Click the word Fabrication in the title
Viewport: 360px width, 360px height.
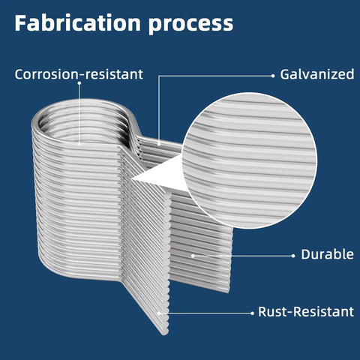(x=77, y=23)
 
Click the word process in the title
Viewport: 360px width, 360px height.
(x=190, y=25)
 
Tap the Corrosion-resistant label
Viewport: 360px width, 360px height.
(x=79, y=74)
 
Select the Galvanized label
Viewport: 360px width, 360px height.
(x=316, y=74)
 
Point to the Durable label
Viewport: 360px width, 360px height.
(x=327, y=254)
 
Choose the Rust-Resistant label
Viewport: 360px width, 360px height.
(x=306, y=311)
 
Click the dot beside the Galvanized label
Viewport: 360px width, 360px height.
(x=273, y=76)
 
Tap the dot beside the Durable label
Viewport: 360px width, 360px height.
(x=293, y=256)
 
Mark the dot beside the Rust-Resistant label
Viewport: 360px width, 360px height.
(x=252, y=313)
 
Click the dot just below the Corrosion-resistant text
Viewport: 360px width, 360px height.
(x=79, y=83)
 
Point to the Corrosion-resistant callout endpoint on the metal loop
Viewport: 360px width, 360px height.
(x=79, y=144)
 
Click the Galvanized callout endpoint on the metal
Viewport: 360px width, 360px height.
(x=159, y=144)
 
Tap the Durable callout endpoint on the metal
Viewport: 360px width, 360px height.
(x=193, y=256)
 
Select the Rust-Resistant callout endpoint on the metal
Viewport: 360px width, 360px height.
(x=159, y=313)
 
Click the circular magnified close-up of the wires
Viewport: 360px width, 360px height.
(x=250, y=160)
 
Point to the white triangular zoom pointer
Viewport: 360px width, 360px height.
(x=160, y=174)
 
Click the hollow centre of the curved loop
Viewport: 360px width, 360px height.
(x=82, y=125)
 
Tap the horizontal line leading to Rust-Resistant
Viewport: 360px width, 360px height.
(x=205, y=313)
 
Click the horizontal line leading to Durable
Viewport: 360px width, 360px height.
(x=243, y=256)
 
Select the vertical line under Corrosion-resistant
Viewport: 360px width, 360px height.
(x=79, y=113)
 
